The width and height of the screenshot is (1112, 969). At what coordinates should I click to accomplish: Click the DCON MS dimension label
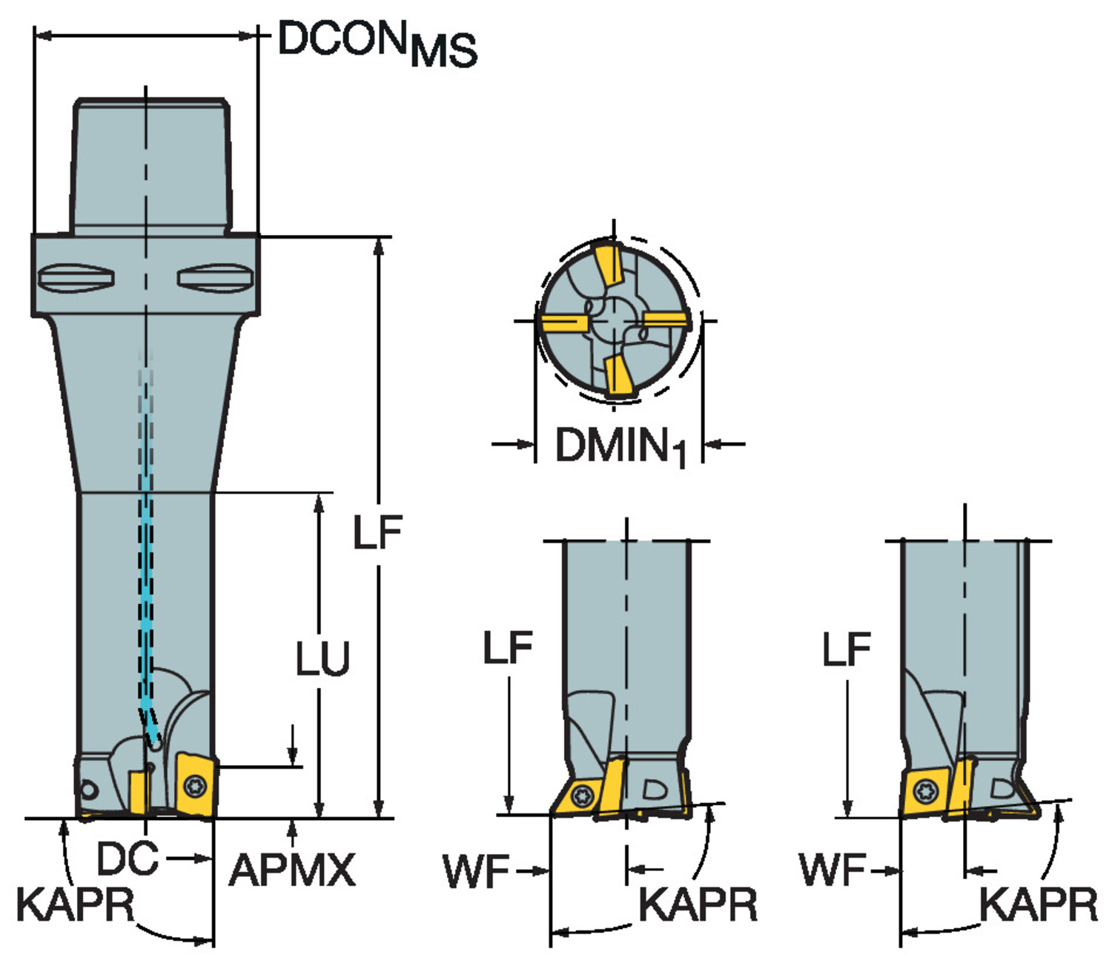(x=377, y=43)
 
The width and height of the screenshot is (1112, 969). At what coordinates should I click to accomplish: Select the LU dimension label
(x=322, y=658)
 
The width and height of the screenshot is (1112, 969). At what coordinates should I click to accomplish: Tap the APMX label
(x=292, y=870)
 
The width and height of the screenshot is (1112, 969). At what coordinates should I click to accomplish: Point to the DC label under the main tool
(x=128, y=859)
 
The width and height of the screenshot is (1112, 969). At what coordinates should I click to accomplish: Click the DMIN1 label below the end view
(x=620, y=446)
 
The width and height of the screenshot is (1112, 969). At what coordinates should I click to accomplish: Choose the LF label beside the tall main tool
(x=377, y=532)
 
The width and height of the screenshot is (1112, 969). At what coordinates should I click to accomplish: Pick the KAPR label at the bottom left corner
(x=76, y=904)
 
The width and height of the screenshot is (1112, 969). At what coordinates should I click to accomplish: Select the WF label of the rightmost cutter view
(x=832, y=870)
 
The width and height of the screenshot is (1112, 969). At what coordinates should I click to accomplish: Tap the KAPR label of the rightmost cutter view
(x=1038, y=904)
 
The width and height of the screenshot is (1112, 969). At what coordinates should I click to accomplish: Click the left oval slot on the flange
(x=76, y=277)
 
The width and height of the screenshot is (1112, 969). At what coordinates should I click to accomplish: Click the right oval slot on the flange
(x=215, y=277)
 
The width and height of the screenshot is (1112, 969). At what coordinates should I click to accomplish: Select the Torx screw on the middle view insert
(x=583, y=796)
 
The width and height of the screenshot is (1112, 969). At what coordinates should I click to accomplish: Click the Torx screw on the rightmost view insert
(x=924, y=792)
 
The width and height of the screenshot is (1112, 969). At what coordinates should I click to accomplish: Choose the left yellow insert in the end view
(x=563, y=323)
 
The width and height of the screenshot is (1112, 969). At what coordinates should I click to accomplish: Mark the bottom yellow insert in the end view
(x=617, y=376)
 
